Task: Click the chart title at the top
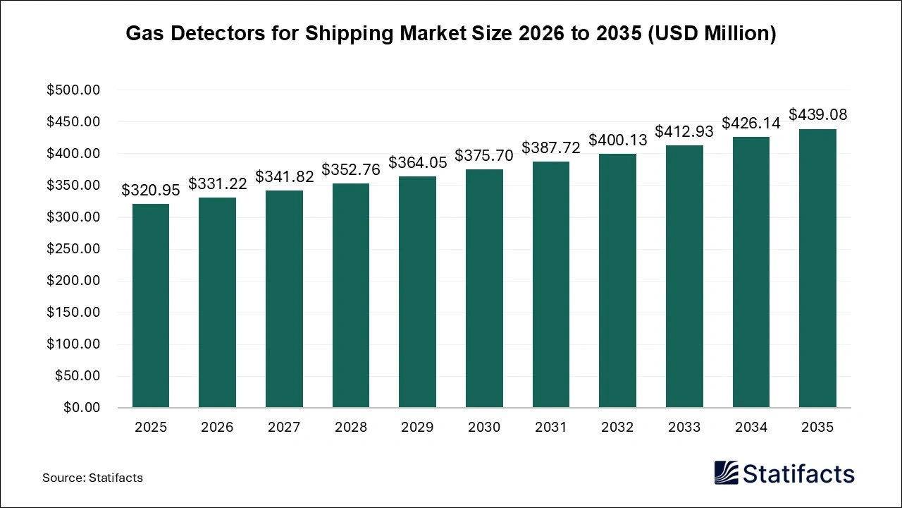click(x=451, y=34)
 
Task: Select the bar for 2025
click(x=151, y=306)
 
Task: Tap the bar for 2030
click(x=484, y=288)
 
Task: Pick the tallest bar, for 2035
click(x=817, y=268)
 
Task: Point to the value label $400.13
click(x=618, y=140)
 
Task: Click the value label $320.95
click(x=151, y=190)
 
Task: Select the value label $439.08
click(x=817, y=114)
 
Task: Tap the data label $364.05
click(x=417, y=162)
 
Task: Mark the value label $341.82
click(x=284, y=176)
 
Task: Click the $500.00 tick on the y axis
click(x=74, y=90)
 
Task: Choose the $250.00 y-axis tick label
click(x=74, y=249)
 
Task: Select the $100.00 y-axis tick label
click(x=74, y=344)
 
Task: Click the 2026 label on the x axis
click(x=217, y=428)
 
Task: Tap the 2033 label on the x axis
click(x=684, y=428)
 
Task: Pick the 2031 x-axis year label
click(x=551, y=428)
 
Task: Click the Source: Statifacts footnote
click(x=92, y=478)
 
